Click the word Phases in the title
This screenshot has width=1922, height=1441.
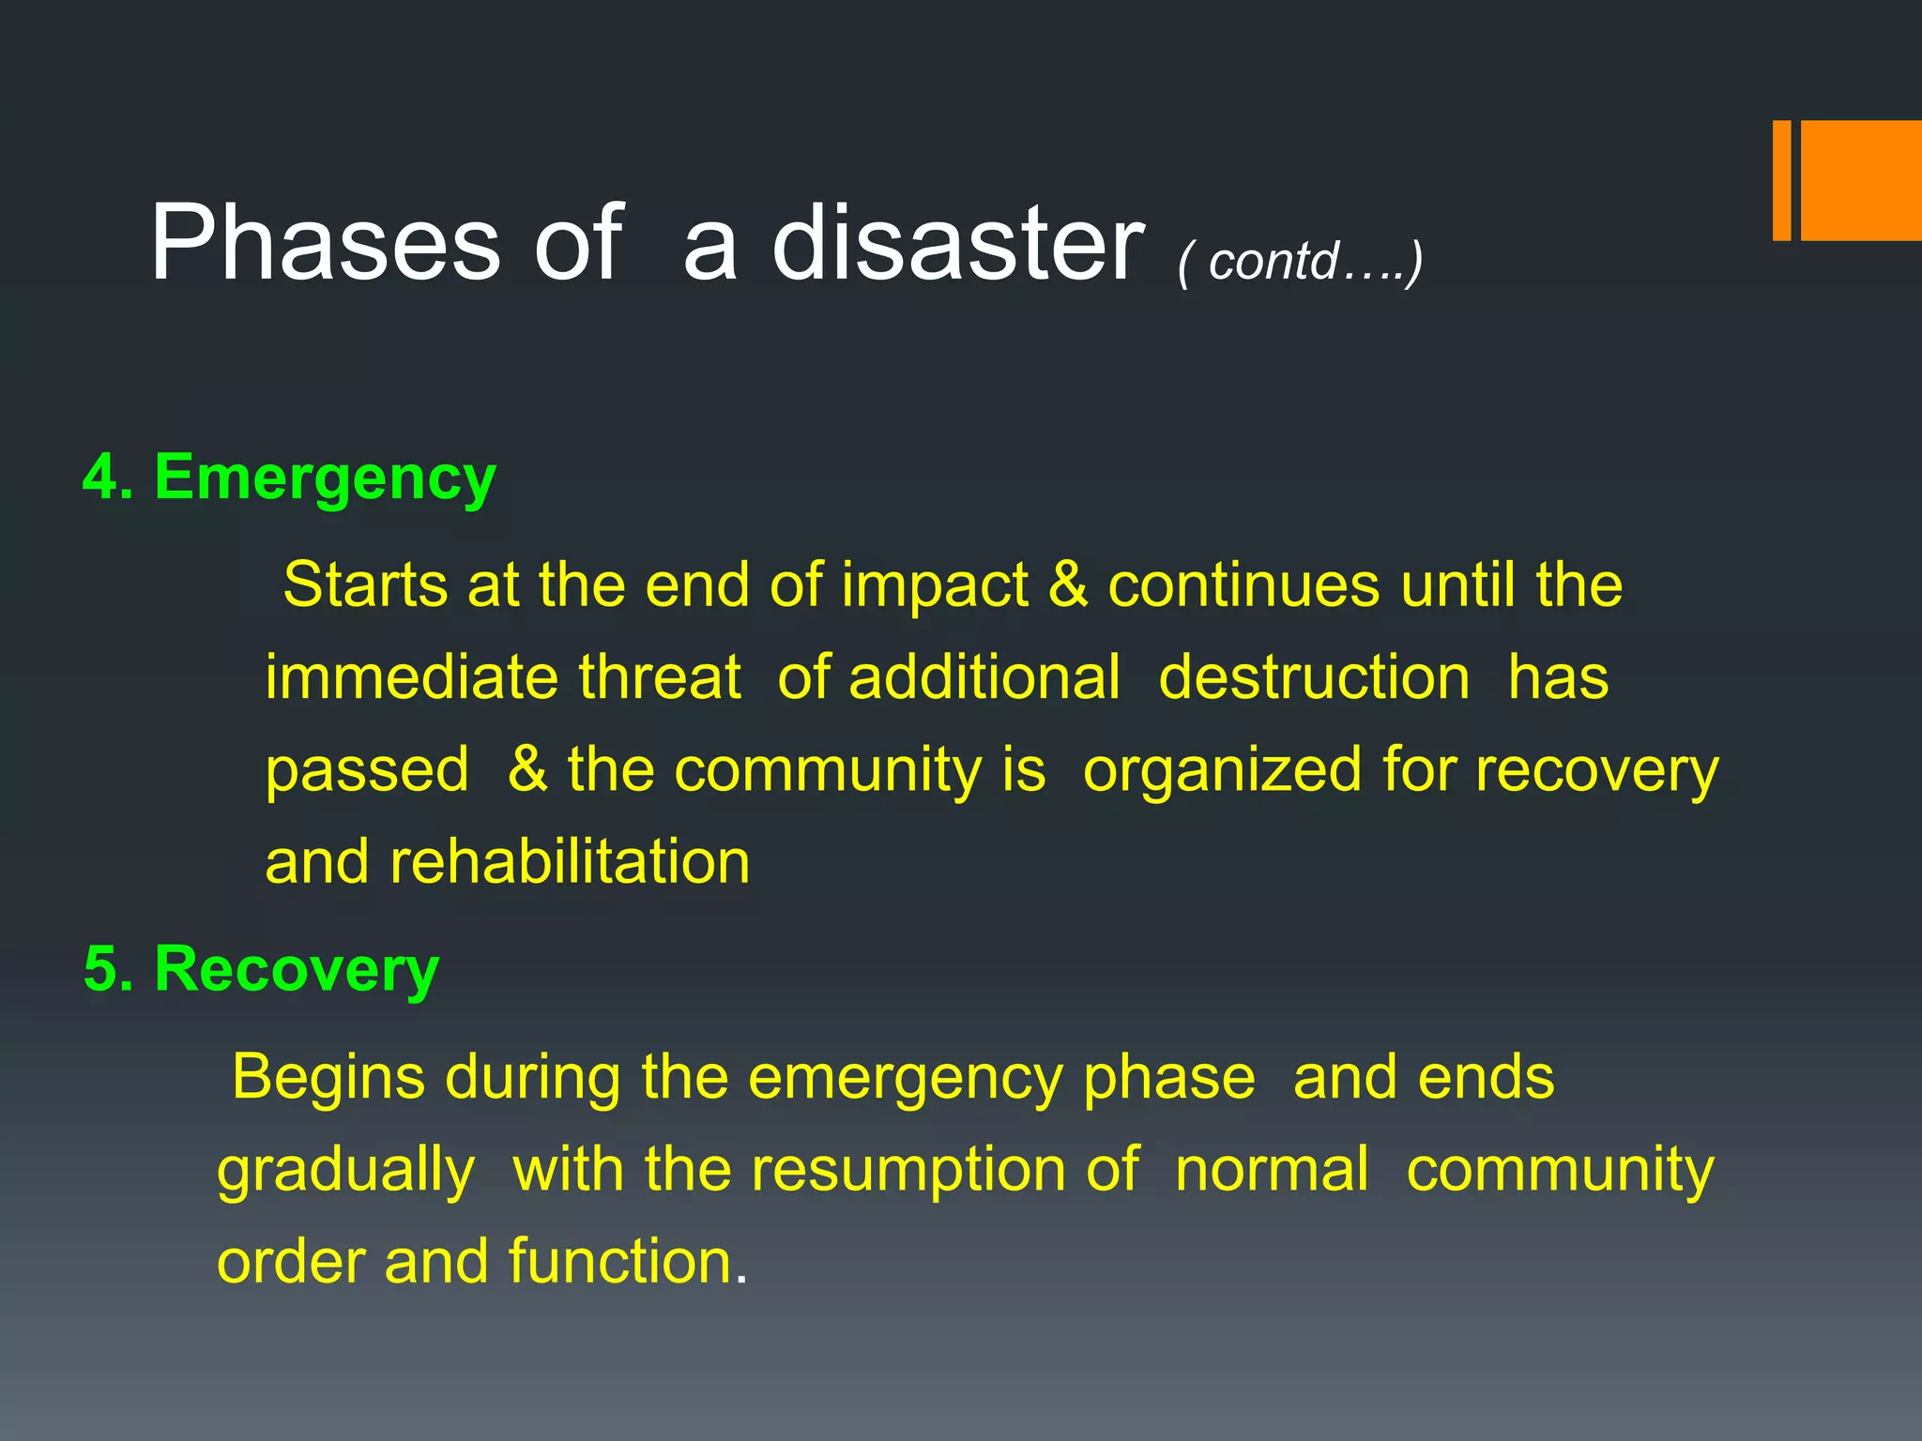click(325, 244)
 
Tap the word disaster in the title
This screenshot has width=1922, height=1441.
click(957, 244)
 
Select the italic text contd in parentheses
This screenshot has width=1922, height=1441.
click(1273, 262)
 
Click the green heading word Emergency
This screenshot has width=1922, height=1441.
click(325, 478)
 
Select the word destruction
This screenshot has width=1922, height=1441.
click(1314, 677)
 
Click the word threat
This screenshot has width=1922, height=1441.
click(660, 677)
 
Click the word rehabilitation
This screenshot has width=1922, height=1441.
click(570, 862)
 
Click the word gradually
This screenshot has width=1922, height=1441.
click(345, 1172)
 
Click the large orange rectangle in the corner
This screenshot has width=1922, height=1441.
click(1860, 180)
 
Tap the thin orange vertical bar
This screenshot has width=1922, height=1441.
click(1781, 180)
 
